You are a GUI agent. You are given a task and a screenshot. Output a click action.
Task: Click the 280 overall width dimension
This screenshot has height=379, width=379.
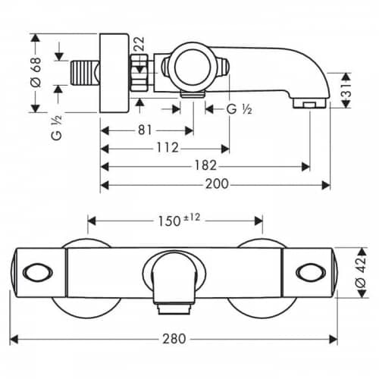point(174,339)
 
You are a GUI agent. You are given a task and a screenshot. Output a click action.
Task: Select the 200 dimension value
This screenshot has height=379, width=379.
point(217,184)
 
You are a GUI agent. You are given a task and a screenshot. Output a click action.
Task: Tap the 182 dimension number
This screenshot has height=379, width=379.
point(205,165)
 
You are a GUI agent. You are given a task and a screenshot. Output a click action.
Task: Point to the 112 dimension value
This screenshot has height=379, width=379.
point(168,147)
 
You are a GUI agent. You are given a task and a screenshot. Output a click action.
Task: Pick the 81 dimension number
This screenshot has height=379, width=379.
point(145,130)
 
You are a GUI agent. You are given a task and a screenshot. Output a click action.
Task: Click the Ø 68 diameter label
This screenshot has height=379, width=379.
point(36,73)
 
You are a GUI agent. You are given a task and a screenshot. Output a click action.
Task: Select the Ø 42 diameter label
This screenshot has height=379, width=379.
point(361,272)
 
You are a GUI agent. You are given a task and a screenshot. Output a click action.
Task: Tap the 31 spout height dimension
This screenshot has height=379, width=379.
point(348,91)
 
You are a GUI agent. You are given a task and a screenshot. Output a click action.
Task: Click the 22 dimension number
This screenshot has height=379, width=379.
point(139,44)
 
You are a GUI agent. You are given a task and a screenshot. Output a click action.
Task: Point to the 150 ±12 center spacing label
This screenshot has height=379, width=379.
point(179,221)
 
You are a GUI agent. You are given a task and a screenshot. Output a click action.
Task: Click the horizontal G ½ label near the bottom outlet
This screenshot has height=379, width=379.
point(239,109)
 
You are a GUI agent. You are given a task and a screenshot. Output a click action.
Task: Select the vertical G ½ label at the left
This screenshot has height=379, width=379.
point(56,128)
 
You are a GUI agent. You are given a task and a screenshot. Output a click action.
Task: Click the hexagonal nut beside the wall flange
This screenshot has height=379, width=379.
point(139,73)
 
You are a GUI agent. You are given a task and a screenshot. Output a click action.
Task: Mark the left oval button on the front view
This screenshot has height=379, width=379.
point(38,273)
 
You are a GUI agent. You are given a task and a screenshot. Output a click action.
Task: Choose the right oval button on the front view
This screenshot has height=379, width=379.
point(310,273)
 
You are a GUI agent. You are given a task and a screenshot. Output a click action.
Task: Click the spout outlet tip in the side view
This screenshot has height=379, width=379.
point(309,104)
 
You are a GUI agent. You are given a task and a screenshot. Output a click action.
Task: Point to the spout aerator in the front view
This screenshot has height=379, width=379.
point(174,309)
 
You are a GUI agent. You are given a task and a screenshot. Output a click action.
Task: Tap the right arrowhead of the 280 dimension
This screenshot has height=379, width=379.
point(334,339)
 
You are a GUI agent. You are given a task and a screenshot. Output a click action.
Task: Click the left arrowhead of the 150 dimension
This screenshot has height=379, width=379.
point(92,221)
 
